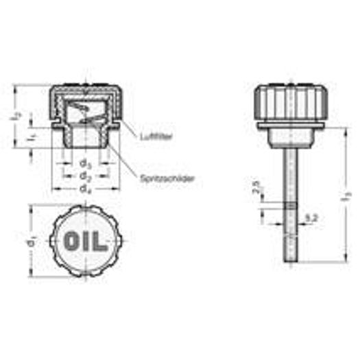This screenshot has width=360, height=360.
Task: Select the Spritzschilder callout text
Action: pos(167,178)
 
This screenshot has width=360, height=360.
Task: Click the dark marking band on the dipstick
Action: pos(289,205)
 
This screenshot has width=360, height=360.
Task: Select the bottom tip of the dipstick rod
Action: pos(289,263)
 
